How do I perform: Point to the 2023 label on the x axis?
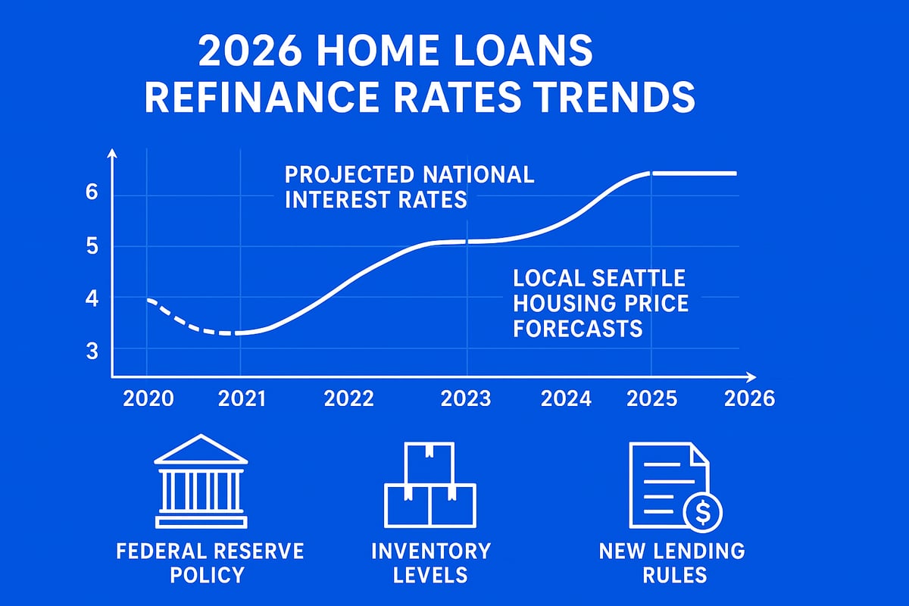pyautogui.click(x=466, y=398)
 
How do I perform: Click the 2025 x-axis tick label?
pyautogui.click(x=651, y=398)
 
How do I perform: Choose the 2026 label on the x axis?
pyautogui.click(x=750, y=398)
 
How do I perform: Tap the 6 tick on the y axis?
pyautogui.click(x=92, y=193)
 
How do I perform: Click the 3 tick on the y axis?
pyautogui.click(x=92, y=350)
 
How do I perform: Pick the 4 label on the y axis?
pyautogui.click(x=92, y=298)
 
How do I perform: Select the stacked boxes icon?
pyautogui.click(x=430, y=485)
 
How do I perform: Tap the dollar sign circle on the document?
pyautogui.click(x=703, y=513)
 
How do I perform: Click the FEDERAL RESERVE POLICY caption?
pyautogui.click(x=210, y=562)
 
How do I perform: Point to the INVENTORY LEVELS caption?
pyautogui.click(x=431, y=562)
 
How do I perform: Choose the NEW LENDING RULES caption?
pyautogui.click(x=672, y=562)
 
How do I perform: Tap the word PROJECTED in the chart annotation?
pyautogui.click(x=348, y=175)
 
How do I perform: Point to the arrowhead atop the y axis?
pyautogui.click(x=112, y=154)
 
